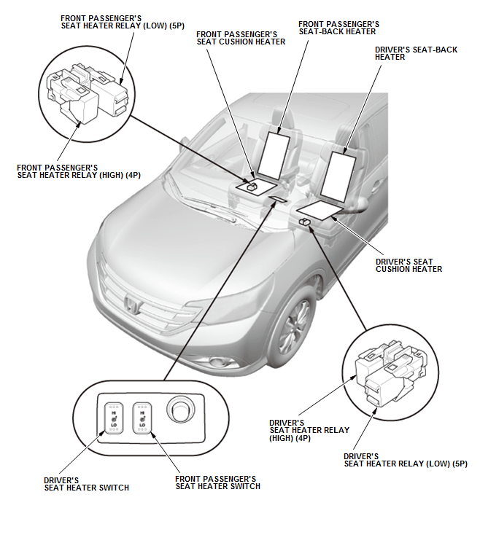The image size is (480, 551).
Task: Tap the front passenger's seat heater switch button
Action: tap(142, 418)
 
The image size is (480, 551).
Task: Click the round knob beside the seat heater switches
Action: tap(179, 410)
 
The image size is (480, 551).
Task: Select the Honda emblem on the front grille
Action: tap(132, 304)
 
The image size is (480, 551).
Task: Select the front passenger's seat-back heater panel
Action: tap(274, 155)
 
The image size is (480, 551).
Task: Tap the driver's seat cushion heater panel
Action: tap(320, 210)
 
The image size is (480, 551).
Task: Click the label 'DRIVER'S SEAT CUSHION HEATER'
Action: tap(409, 265)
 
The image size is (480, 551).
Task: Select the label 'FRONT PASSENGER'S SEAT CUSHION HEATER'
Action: tap(241, 39)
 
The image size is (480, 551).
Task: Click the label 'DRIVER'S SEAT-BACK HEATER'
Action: tap(416, 53)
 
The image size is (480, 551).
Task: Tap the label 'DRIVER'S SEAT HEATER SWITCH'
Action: tap(87, 484)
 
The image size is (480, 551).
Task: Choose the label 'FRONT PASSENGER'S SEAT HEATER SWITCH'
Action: tap(217, 482)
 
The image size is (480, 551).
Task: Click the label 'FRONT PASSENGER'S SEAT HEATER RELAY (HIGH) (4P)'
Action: tap(79, 171)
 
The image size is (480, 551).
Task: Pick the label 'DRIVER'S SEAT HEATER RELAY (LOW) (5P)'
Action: tap(406, 461)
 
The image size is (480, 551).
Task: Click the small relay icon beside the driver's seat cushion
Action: tap(304, 222)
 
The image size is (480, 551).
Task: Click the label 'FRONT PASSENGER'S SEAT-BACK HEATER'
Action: tap(338, 28)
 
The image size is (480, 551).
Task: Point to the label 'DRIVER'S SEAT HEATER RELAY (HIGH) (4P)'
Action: tap(309, 431)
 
